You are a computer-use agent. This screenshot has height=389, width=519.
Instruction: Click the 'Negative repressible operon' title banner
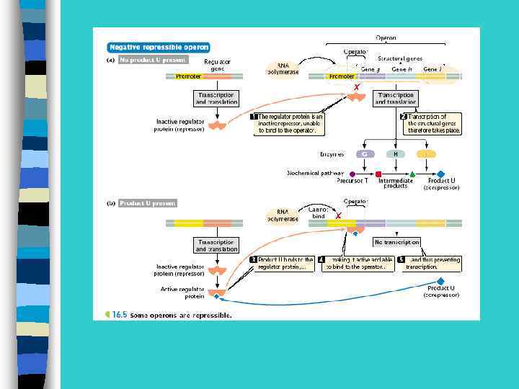click(159, 48)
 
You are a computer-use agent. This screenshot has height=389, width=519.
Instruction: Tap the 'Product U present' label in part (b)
click(146, 203)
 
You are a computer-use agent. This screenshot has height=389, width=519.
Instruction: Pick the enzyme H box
click(395, 154)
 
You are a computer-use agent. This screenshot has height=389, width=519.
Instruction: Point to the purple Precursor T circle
click(352, 174)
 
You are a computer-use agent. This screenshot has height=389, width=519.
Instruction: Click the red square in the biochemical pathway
click(378, 174)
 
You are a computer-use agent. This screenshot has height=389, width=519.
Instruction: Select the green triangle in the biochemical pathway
click(412, 174)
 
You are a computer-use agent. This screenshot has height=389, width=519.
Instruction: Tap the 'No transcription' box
click(396, 242)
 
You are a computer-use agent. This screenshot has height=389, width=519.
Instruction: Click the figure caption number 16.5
click(119, 315)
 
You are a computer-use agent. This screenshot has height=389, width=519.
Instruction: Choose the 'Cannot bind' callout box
click(318, 213)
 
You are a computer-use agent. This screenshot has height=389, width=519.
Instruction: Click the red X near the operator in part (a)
click(356, 86)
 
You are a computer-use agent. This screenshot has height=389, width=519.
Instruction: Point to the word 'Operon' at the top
click(385, 37)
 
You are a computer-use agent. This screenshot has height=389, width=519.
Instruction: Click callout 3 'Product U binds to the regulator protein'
click(282, 263)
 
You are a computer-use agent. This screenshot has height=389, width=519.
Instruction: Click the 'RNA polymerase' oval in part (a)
click(283, 68)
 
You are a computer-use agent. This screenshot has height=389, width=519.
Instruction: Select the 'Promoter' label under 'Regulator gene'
click(189, 76)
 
